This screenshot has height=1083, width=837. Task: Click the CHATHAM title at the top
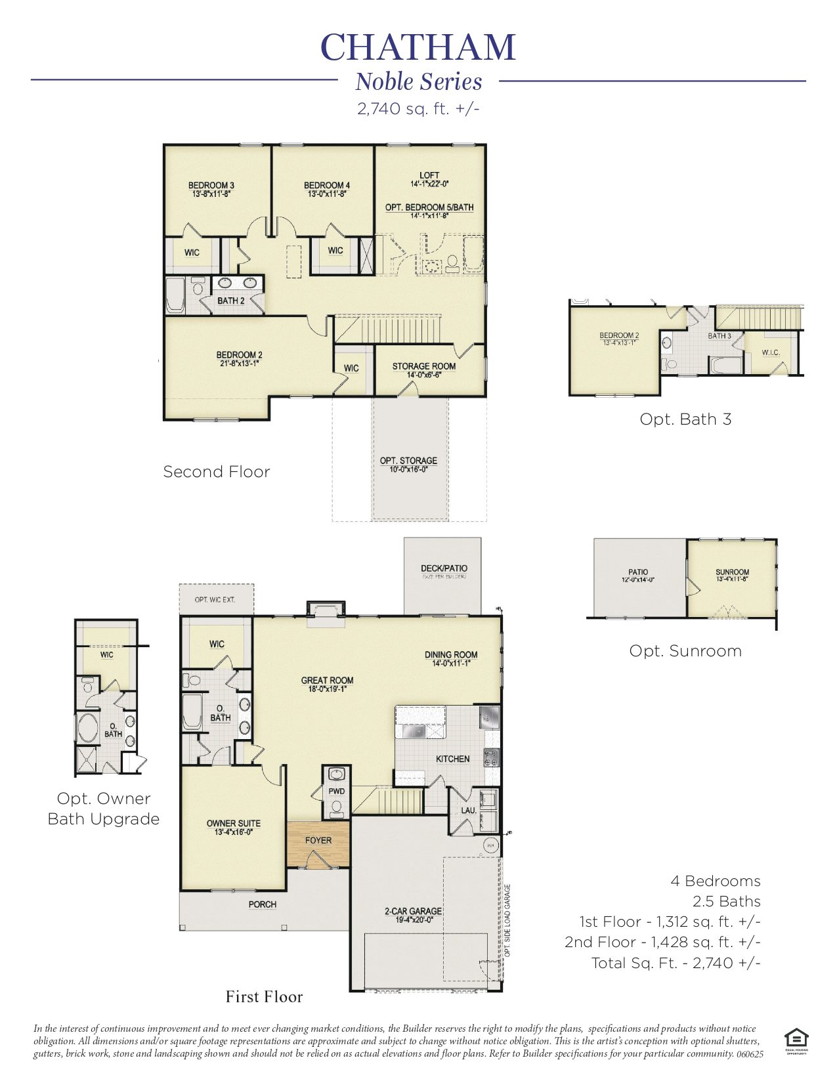pos(418,47)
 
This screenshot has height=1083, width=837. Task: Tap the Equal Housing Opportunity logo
pos(796,1038)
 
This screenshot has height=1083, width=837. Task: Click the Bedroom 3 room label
pos(211,186)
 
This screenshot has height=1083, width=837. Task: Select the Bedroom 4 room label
pos(326,186)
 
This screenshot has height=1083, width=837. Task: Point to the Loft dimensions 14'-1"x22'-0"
pos(429,184)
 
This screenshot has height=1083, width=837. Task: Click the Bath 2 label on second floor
pos(230,301)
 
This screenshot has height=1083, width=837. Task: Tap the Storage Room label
pos(423,366)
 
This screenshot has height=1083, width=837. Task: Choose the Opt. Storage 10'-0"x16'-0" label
pos(408,465)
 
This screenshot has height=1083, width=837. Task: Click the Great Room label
pos(327,681)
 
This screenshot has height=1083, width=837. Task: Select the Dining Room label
pos(451,655)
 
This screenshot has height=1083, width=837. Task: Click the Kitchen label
pos(452,759)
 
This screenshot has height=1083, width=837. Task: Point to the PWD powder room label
pos(336,792)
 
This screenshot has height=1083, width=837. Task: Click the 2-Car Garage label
pos(413,912)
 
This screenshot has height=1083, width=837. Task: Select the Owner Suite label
pos(233,824)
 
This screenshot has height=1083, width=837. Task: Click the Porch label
pos(262,904)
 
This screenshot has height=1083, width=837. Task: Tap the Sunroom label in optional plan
pos(732,572)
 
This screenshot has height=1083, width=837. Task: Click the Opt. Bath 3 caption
pos(685,419)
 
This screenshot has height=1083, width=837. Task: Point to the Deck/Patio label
pos(444,568)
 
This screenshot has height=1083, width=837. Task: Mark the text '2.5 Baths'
pos(726,901)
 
